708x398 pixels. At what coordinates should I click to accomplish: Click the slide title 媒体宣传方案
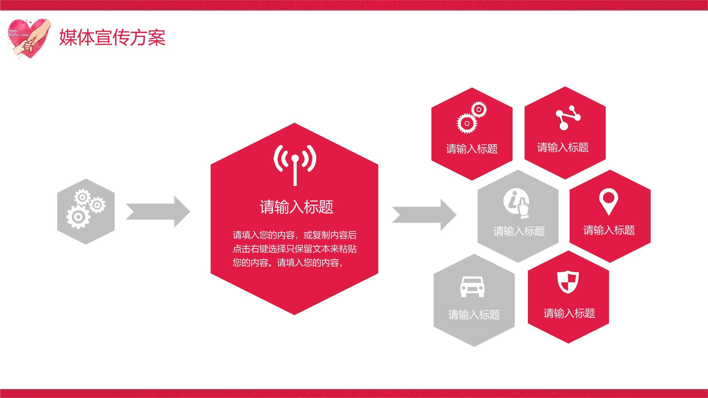pyautogui.click(x=112, y=37)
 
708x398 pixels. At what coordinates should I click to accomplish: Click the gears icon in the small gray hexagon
pyautogui.click(x=86, y=209)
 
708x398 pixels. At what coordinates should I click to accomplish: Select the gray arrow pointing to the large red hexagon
pyautogui.click(x=158, y=212)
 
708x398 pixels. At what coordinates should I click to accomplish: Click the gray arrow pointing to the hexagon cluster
pyautogui.click(x=424, y=215)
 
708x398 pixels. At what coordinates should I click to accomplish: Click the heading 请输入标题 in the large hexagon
pyautogui.click(x=296, y=207)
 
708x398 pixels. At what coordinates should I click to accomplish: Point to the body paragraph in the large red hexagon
pyautogui.click(x=295, y=249)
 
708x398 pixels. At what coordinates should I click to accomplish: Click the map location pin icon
pyautogui.click(x=608, y=202)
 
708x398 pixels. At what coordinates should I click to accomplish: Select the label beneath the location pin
pyautogui.click(x=609, y=230)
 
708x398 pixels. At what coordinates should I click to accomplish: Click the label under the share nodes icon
pyautogui.click(x=563, y=147)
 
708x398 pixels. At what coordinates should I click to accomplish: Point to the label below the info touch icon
pyautogui.click(x=519, y=231)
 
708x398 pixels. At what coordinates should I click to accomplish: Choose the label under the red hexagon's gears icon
pyautogui.click(x=472, y=149)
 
